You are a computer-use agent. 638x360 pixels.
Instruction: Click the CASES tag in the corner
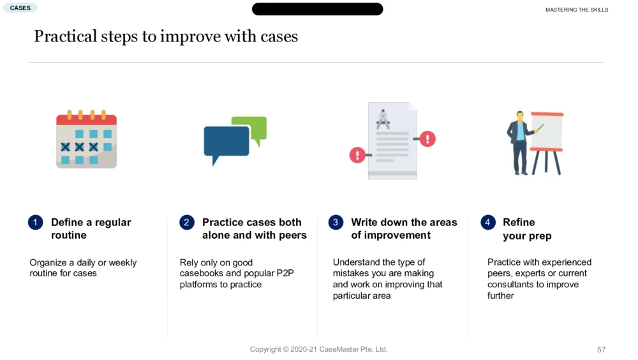pos(20,8)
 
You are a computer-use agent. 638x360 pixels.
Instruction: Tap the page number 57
pos(602,349)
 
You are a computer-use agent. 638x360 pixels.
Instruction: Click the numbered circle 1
pos(35,222)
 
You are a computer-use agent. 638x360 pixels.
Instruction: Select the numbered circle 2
pos(187,222)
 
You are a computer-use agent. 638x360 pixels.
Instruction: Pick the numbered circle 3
pos(336,222)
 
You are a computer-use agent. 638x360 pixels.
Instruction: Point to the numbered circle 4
pos(488,222)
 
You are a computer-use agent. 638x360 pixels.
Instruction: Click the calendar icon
pos(86,139)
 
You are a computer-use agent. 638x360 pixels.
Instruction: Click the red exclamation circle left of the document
pos(357,155)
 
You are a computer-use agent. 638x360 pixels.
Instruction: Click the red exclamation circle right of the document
pos(427,139)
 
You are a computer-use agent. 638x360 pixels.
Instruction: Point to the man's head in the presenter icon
pos(519,116)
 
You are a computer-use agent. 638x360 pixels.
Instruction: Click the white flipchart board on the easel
pos(547,131)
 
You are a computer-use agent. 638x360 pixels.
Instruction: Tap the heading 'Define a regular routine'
pos(91,229)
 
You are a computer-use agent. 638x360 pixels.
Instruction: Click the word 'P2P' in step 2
pos(285,273)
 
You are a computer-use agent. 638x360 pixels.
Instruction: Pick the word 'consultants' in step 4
pos(509,285)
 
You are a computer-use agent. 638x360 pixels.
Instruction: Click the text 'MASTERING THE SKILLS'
pos(577,10)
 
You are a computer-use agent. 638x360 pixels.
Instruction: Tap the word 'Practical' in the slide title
pos(66,36)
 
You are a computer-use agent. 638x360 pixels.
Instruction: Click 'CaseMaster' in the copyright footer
pos(339,349)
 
